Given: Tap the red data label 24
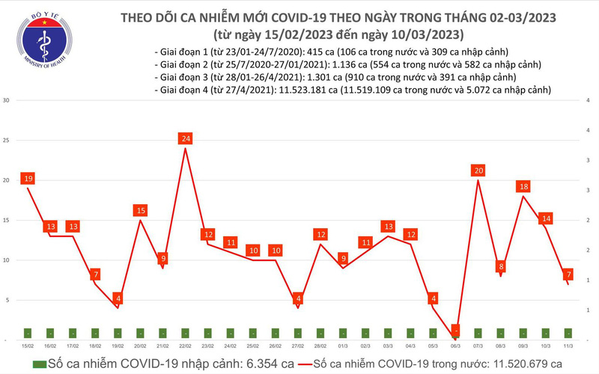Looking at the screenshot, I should pos(186,138).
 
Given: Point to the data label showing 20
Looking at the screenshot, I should pos(479,171).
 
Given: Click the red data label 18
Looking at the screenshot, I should pos(524,186).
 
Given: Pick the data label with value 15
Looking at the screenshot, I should pos(141,211).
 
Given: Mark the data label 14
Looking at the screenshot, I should pos(547,218).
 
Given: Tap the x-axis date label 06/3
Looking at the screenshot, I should pos(456,347).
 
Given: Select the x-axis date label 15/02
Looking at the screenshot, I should pos(28,347).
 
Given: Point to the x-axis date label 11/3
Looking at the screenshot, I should pos(569,347).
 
